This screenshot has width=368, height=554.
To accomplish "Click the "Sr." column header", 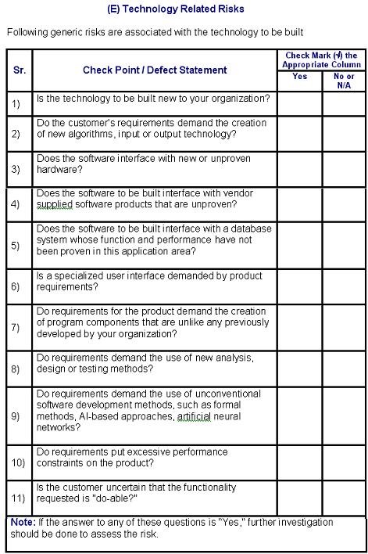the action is (20, 70).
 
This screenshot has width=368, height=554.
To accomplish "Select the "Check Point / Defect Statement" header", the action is (155, 70).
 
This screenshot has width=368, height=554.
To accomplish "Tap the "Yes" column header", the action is (299, 77).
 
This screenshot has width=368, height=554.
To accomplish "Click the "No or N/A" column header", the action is (344, 81).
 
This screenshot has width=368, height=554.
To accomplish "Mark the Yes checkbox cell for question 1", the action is (299, 103).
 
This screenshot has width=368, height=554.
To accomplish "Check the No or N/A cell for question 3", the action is (344, 169).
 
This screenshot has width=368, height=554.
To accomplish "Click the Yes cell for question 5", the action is (299, 246).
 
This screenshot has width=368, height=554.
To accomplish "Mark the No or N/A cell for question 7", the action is (344, 327).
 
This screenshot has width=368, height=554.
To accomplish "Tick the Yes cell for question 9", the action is (299, 415).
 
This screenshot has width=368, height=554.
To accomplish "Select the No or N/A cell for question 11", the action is (344, 497).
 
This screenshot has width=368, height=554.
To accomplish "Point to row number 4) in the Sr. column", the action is (16, 205).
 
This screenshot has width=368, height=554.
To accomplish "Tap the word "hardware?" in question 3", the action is (57, 169).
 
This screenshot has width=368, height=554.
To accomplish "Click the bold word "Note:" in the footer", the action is (22, 522).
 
